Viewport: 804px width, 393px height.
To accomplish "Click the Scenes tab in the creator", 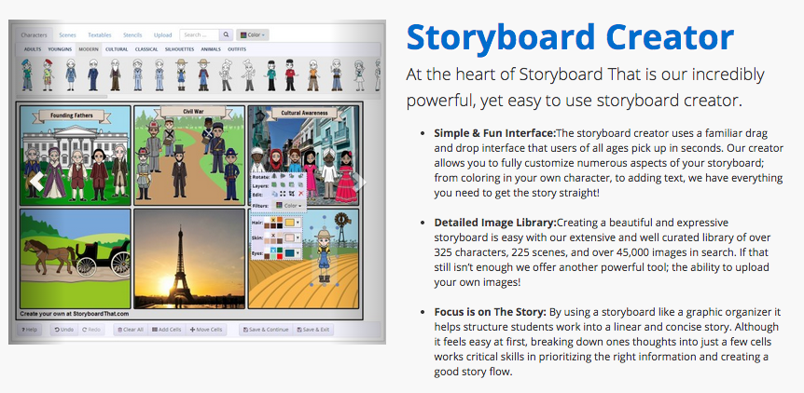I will [67, 34].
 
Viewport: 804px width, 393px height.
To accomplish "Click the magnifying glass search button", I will [226, 34].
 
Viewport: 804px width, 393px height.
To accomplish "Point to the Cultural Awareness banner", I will [302, 113].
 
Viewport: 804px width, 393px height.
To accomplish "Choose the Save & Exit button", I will [311, 330].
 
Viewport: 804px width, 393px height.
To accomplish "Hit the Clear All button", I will [129, 330].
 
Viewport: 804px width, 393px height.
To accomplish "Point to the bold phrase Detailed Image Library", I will [493, 223].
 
